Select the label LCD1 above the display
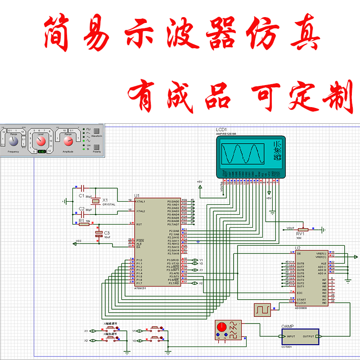tap(222, 130)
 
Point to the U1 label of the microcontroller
tap(137, 196)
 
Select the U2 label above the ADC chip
tap(297, 248)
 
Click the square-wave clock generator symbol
tap(262, 310)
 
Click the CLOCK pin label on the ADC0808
tap(301, 303)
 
